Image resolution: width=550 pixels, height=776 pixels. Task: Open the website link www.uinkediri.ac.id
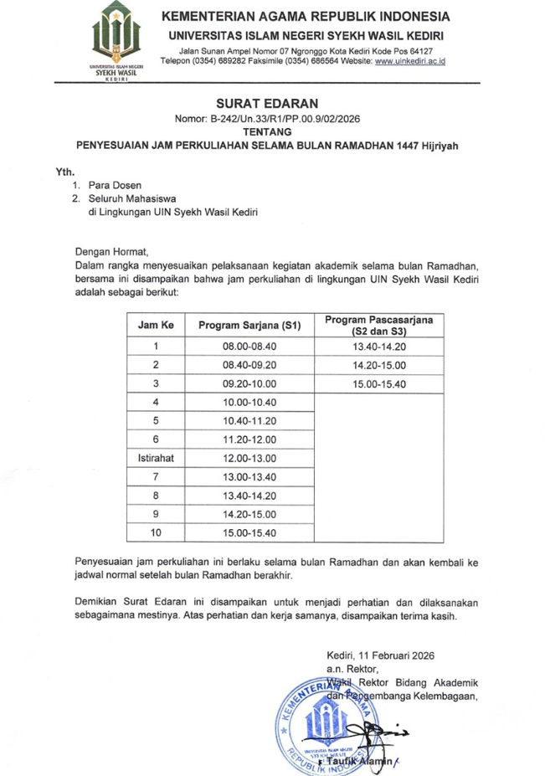point(410,62)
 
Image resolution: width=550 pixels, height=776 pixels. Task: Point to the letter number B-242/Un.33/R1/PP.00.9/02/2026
point(266,120)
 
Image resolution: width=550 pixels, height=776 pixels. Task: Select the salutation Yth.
point(65,170)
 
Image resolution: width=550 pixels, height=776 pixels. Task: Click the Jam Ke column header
point(156,326)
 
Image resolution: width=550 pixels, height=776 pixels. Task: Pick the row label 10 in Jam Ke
point(156,532)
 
